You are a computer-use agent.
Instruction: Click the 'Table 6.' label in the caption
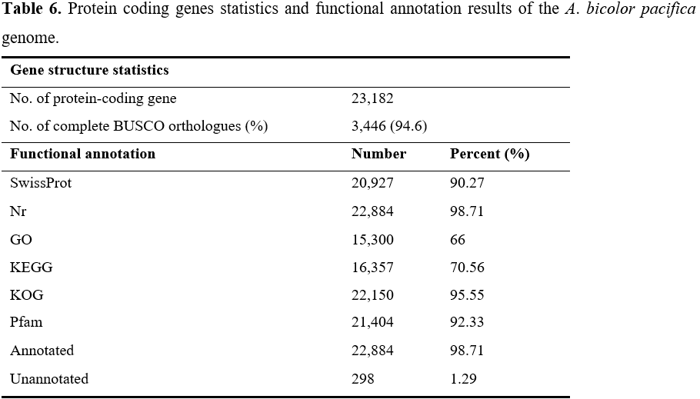(32, 8)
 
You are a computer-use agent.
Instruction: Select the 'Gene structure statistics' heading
(89, 70)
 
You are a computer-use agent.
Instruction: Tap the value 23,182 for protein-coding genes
(372, 98)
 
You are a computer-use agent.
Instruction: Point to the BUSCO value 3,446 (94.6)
(389, 126)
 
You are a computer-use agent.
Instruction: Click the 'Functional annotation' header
(82, 154)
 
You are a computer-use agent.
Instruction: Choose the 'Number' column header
(378, 154)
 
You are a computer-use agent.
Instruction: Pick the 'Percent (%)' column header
(490, 154)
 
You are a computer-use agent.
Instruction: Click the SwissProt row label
(41, 183)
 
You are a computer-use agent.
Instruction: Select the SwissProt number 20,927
(372, 183)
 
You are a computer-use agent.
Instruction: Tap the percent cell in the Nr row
(467, 211)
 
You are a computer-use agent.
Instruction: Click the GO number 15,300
(372, 240)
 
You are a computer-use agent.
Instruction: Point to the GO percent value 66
(458, 240)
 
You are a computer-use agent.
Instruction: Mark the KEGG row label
(32, 268)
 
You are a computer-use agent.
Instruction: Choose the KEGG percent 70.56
(467, 268)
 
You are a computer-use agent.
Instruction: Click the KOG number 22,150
(372, 295)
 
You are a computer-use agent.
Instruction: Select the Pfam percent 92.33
(467, 322)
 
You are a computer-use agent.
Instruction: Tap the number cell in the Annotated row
(372, 351)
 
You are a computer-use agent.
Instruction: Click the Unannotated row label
(49, 379)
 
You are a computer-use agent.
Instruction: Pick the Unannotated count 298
(362, 379)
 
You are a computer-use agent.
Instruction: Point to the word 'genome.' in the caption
(30, 38)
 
